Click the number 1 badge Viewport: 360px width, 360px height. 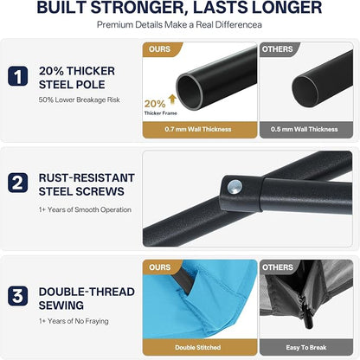pyautogui.click(x=18, y=76)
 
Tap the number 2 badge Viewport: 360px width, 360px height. pyautogui.click(x=18, y=183)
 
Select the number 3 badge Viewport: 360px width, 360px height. pyautogui.click(x=18, y=296)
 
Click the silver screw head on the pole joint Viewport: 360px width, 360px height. pyautogui.click(x=235, y=187)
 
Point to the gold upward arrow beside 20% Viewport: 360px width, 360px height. pyautogui.click(x=172, y=100)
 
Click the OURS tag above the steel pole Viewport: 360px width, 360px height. pyautogui.click(x=159, y=49)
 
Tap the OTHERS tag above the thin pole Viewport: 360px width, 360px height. pyautogui.click(x=277, y=49)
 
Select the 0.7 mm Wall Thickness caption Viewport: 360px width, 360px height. pyautogui.click(x=198, y=129)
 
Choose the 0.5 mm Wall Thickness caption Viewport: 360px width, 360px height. pyautogui.click(x=305, y=129)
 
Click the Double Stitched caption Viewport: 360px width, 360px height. pyautogui.click(x=198, y=348)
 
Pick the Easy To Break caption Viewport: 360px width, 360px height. pyautogui.click(x=306, y=348)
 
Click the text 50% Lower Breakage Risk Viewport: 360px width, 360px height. pyautogui.click(x=80, y=100)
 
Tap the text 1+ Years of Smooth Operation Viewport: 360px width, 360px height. pyautogui.click(x=85, y=209)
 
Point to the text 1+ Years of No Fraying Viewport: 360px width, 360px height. pyautogui.click(x=74, y=321)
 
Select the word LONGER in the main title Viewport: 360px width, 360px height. pyautogui.click(x=286, y=7)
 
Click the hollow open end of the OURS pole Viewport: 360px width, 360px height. pyautogui.click(x=190, y=92)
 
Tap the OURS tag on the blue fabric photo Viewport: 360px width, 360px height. pyautogui.click(x=159, y=267)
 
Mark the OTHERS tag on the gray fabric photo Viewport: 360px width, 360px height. pyautogui.click(x=277, y=267)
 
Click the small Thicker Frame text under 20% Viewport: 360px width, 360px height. pyautogui.click(x=161, y=113)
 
